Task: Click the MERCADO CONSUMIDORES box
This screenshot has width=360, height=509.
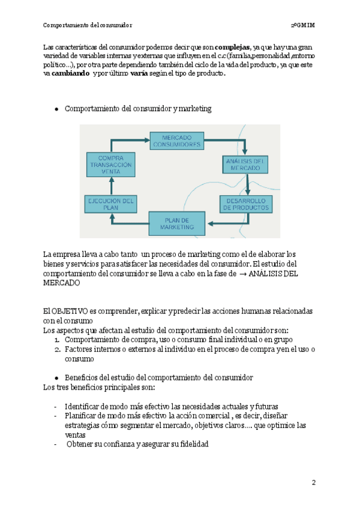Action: click(x=176, y=141)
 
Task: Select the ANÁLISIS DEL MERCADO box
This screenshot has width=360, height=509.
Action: click(x=242, y=164)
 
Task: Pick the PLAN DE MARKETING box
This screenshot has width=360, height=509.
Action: click(x=177, y=223)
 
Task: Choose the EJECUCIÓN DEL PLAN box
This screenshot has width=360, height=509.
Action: click(x=110, y=204)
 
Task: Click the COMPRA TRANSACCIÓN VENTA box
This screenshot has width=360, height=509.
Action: click(x=110, y=164)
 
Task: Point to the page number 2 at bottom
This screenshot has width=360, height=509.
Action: click(x=313, y=483)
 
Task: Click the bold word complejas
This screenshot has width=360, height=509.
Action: click(x=233, y=47)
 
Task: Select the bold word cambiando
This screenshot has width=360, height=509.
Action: click(x=71, y=73)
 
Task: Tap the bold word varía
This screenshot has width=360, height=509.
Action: click(x=139, y=73)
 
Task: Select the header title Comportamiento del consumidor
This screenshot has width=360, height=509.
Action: click(x=88, y=25)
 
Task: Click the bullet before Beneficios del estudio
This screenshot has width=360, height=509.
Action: click(x=56, y=378)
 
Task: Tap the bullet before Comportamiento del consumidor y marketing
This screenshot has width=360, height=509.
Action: click(x=56, y=109)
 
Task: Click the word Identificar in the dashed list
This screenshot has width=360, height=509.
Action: click(x=85, y=406)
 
